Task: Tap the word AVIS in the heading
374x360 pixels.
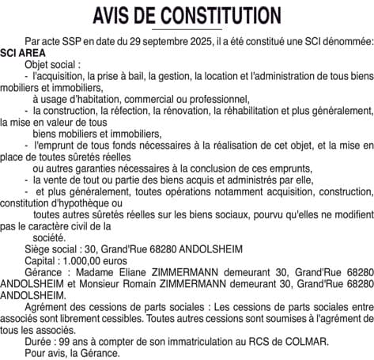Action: point(114,15)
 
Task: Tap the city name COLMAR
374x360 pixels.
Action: point(307,342)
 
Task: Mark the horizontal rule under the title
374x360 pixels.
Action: point(187,29)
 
